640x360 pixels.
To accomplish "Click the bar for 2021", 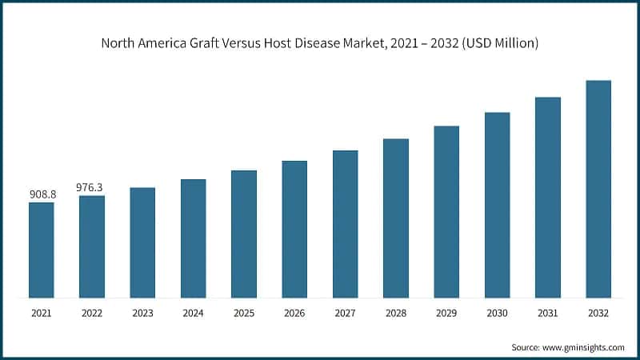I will [42, 250].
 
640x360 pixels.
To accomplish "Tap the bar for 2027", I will [345, 225].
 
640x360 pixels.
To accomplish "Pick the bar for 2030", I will [497, 206].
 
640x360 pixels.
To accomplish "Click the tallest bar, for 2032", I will [598, 190].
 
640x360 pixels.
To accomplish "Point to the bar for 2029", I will [446, 212].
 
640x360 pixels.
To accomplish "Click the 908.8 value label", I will [42, 194].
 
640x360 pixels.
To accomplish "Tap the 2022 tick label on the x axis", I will [92, 314].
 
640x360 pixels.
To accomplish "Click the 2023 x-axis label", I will [142, 314].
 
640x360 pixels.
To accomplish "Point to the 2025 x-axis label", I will [244, 314].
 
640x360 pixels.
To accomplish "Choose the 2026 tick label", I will [294, 314].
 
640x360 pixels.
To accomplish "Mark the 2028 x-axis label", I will [396, 314].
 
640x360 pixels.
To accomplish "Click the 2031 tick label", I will [548, 314].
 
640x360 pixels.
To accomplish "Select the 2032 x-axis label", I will [598, 314].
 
